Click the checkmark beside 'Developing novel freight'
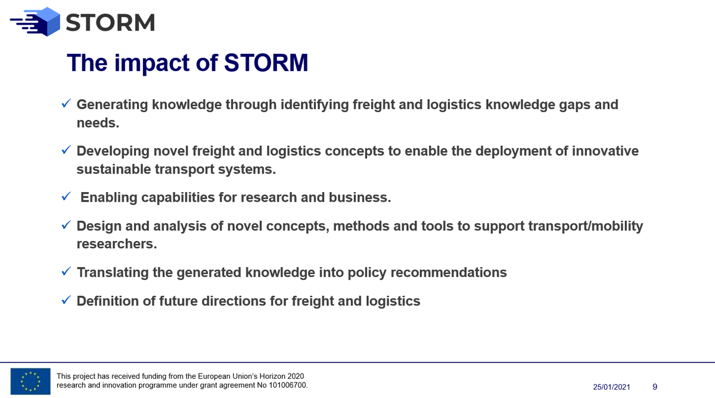pyautogui.click(x=67, y=150)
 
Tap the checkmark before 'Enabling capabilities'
pyautogui.click(x=67, y=197)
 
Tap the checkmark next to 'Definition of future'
pyautogui.click(x=67, y=301)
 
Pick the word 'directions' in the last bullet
pyautogui.click(x=253, y=301)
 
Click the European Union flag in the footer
pyautogui.click(x=30, y=381)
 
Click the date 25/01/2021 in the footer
pyautogui.click(x=611, y=387)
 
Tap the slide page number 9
pyautogui.click(x=655, y=387)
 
